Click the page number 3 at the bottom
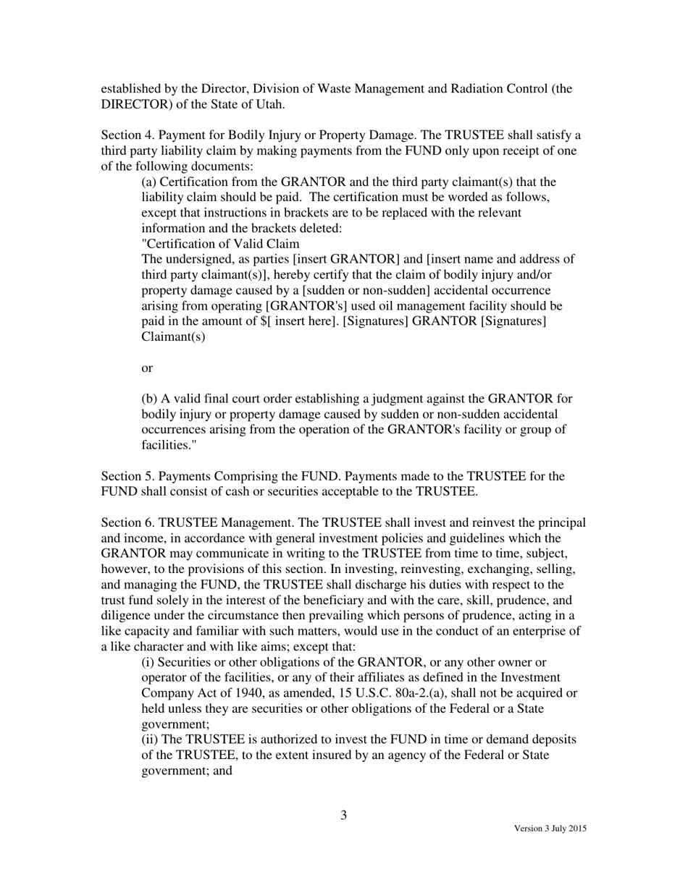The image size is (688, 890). click(x=344, y=815)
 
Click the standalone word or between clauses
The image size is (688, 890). click(x=147, y=368)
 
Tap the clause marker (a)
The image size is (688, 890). click(x=148, y=182)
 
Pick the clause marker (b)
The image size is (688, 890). click(x=149, y=399)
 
